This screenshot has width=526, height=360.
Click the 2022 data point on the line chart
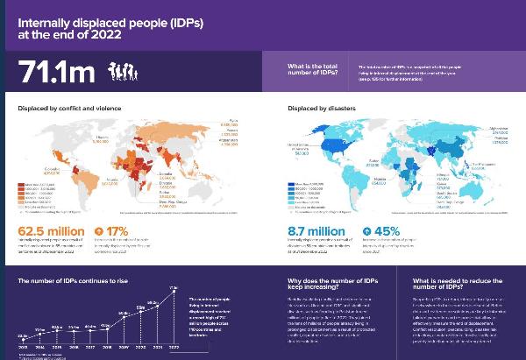174,290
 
